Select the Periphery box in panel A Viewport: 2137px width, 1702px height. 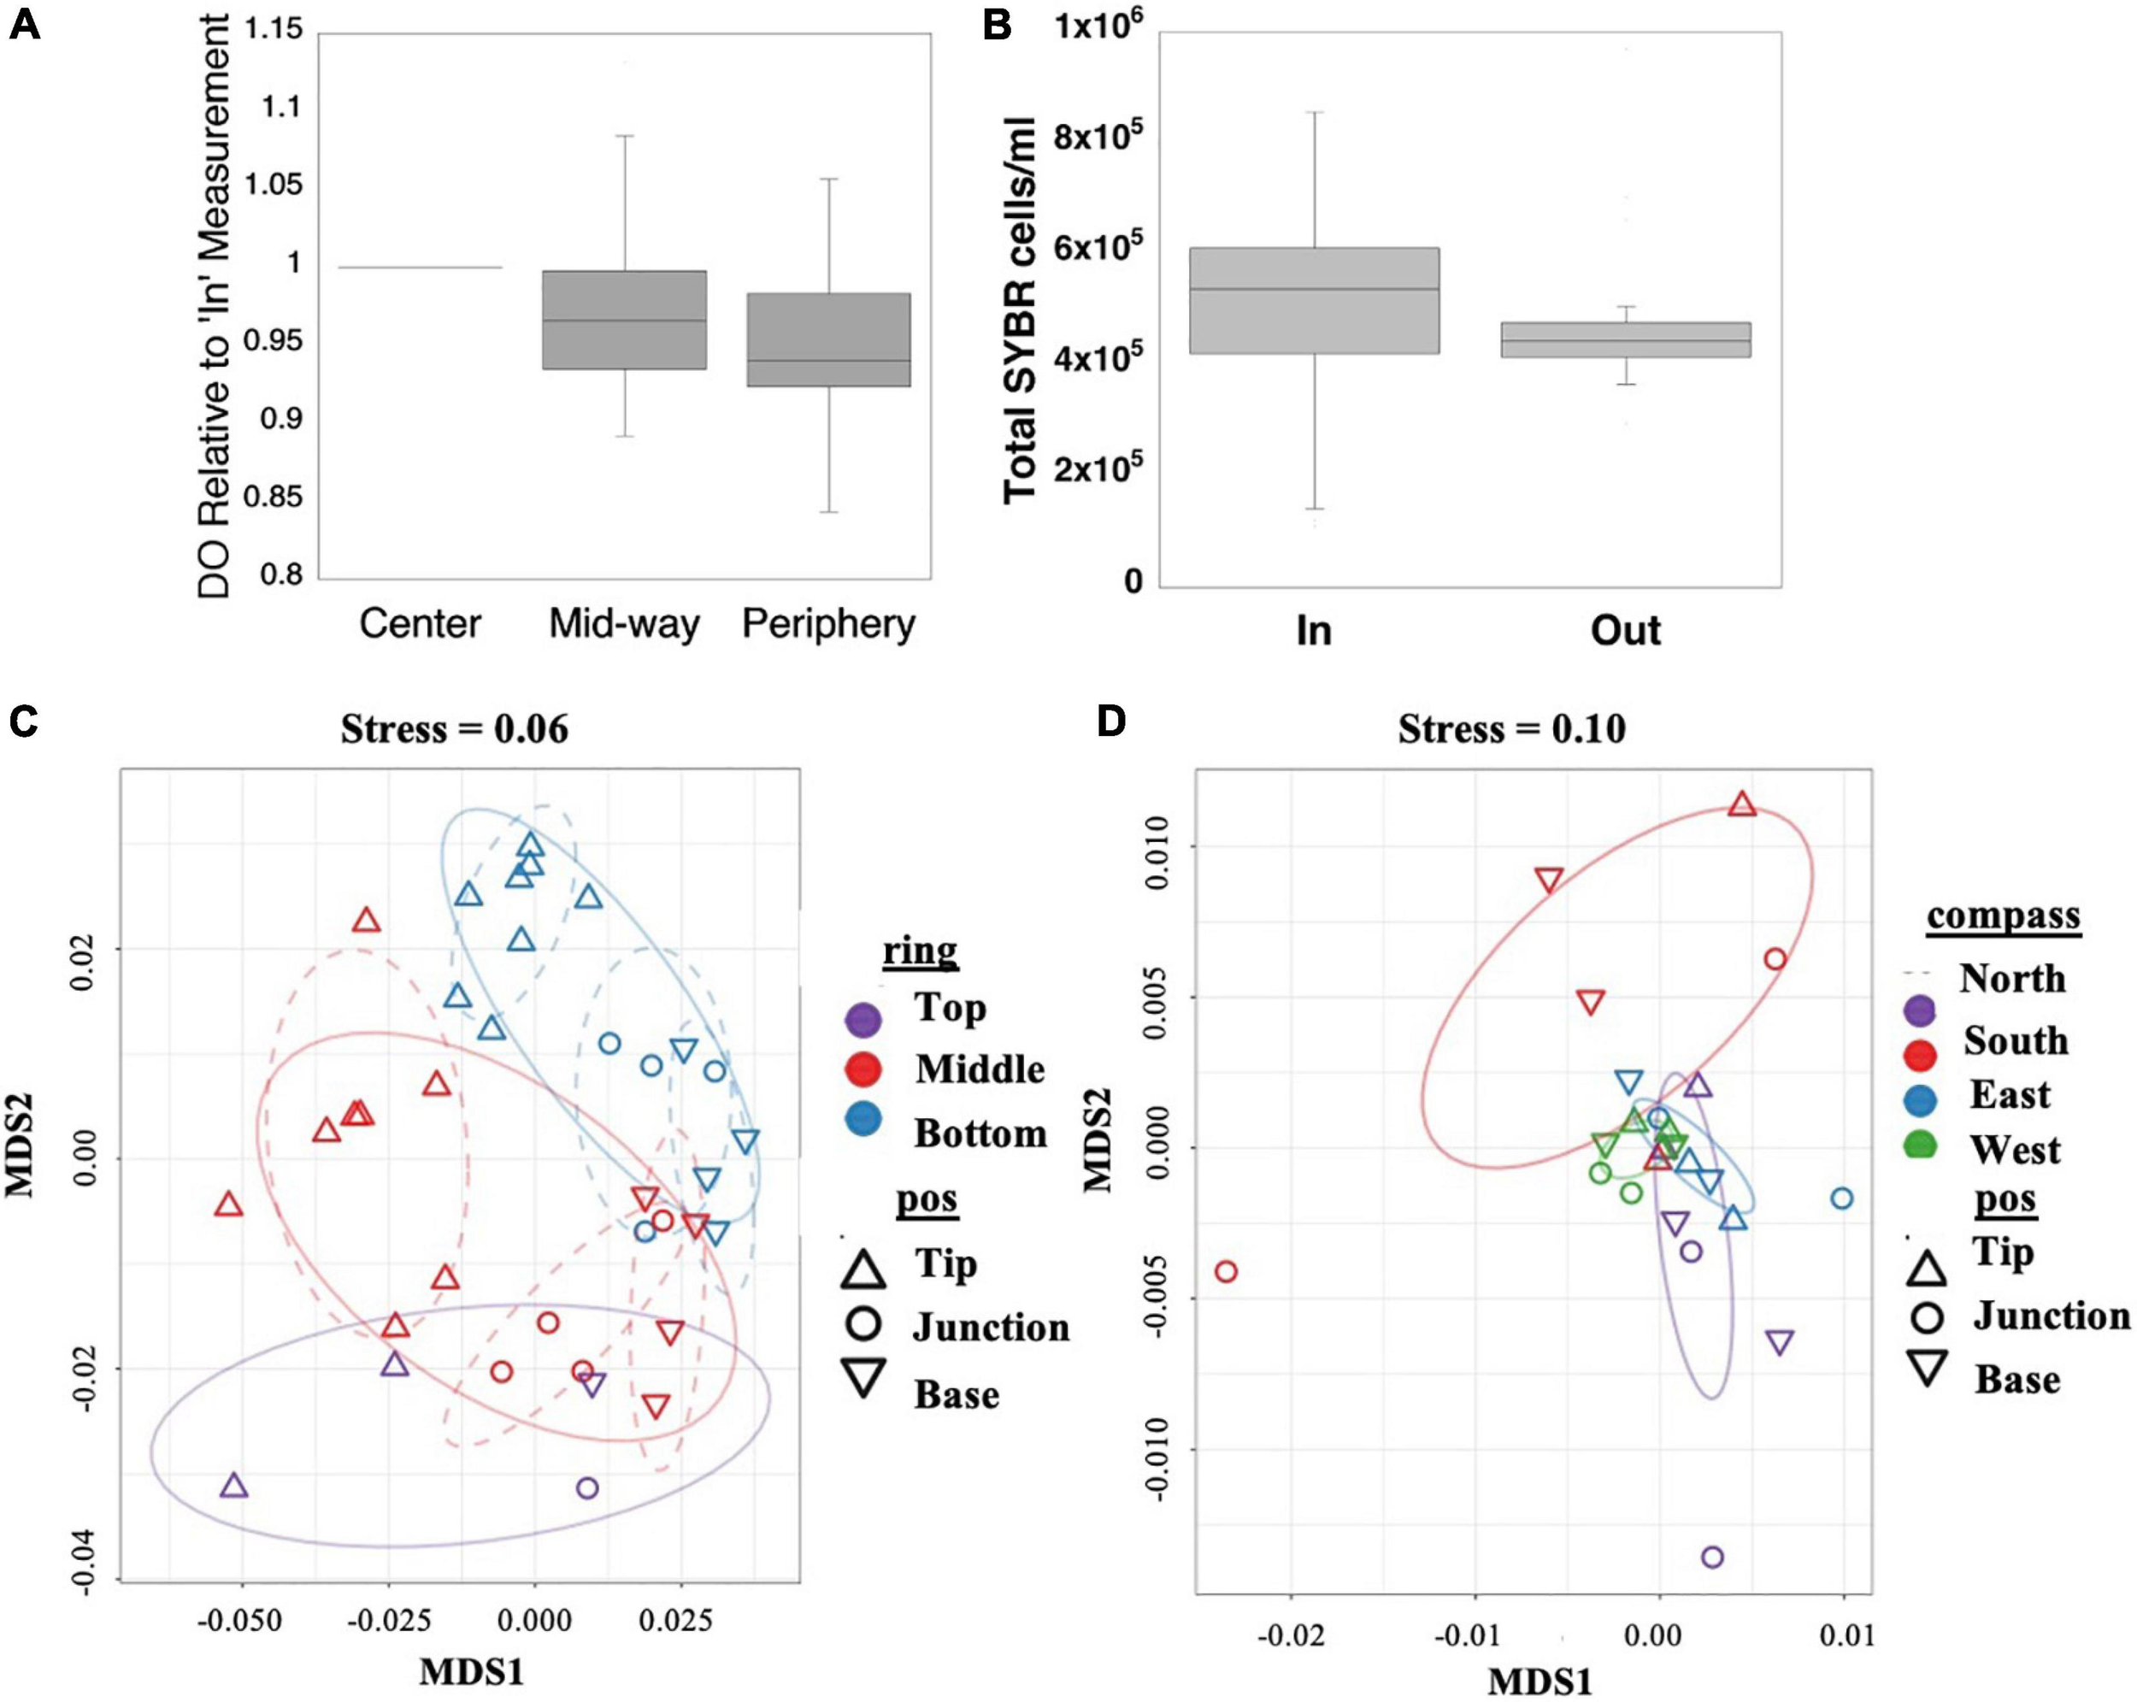(x=828, y=339)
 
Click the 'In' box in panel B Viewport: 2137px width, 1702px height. (x=1313, y=300)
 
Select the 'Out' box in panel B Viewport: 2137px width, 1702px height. (x=1626, y=339)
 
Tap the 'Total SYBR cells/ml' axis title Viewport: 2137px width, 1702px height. (x=1021, y=309)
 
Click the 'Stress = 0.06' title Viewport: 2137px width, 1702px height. (x=454, y=729)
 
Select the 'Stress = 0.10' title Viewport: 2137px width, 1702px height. (x=1510, y=729)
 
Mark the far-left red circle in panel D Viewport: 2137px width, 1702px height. (x=1226, y=1272)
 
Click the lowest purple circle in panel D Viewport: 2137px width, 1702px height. (x=1712, y=1558)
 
